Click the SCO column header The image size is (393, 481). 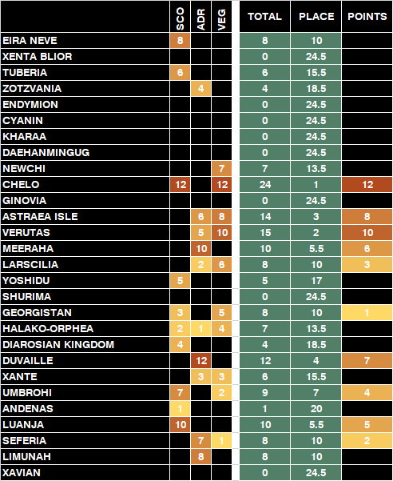click(181, 19)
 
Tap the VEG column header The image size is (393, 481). click(221, 20)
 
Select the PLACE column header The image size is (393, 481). click(316, 16)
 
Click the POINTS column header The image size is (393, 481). click(367, 16)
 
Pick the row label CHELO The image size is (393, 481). click(21, 184)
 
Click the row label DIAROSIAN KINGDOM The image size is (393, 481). click(58, 344)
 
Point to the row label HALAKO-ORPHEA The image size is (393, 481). click(48, 329)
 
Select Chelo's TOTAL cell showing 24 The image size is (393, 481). click(264, 184)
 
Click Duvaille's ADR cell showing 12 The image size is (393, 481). click(201, 360)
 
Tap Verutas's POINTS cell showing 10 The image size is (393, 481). click(367, 233)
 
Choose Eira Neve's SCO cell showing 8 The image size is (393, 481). click(180, 41)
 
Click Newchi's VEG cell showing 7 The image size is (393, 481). click(221, 168)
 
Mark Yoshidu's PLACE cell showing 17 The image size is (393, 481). click(316, 280)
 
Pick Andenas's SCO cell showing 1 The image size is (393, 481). click(180, 409)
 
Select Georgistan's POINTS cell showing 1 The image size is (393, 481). click(367, 313)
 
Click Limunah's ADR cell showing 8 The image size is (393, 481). click(201, 456)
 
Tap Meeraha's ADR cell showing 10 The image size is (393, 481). click(201, 248)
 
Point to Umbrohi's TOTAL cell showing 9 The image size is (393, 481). click(264, 393)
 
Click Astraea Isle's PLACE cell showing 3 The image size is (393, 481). click(316, 217)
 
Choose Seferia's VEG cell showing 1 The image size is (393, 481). click(221, 440)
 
